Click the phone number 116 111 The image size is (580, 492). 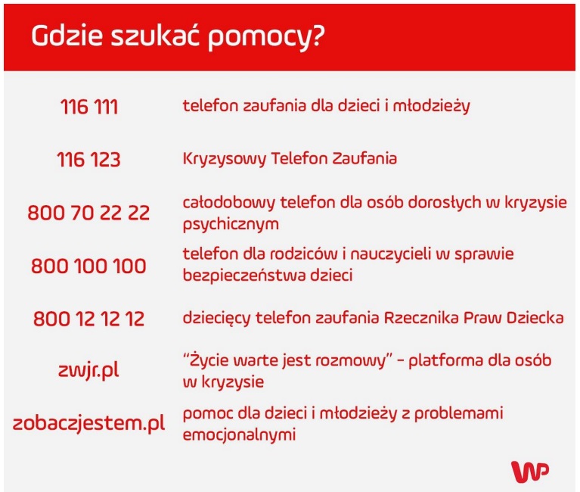pyautogui.click(x=89, y=107)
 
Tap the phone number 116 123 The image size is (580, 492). pyautogui.click(x=89, y=160)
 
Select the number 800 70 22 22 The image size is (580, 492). pyautogui.click(x=89, y=213)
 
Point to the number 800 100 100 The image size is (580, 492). pyautogui.click(x=89, y=266)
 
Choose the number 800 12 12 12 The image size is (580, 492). pyautogui.click(x=89, y=319)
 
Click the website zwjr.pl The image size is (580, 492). pyautogui.click(x=89, y=372)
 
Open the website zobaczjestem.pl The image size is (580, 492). pyautogui.click(x=89, y=424)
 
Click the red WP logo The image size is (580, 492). pyautogui.click(x=530, y=471)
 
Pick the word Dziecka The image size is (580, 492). pyautogui.click(x=534, y=319)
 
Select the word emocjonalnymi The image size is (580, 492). pyautogui.click(x=239, y=436)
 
